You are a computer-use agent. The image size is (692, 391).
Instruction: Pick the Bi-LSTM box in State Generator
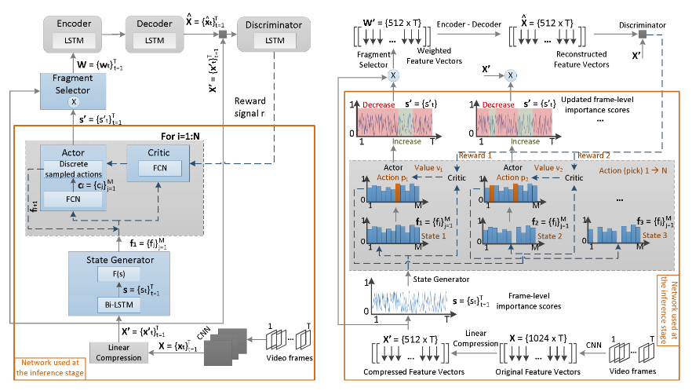tap(114, 301)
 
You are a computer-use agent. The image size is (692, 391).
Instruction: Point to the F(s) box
tap(114, 275)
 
